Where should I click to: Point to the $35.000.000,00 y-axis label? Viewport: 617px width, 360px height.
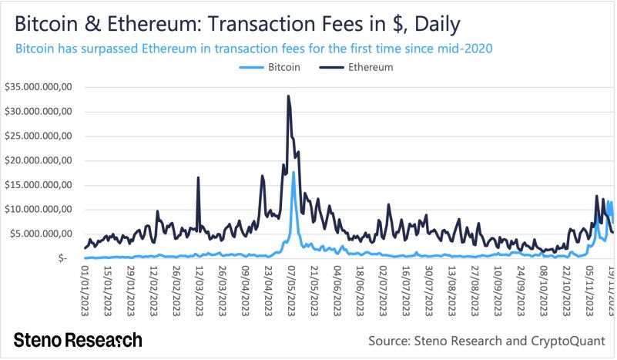[38, 87]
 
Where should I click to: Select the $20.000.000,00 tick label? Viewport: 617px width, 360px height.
[38, 160]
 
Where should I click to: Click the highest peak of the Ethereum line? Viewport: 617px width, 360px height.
[288, 96]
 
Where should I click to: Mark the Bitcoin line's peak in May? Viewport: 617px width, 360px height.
[293, 172]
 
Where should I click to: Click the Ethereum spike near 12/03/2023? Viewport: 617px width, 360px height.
[198, 178]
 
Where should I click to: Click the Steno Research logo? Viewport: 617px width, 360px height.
[78, 340]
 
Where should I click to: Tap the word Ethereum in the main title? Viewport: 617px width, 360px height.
[139, 24]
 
